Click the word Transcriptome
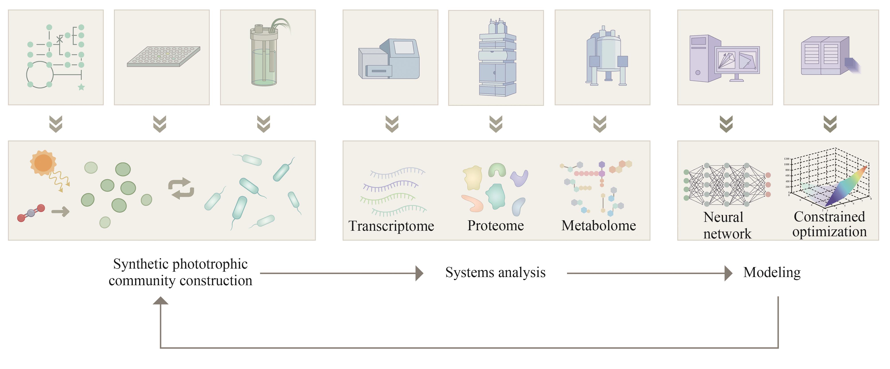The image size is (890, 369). pyautogui.click(x=391, y=226)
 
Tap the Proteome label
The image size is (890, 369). pyautogui.click(x=496, y=226)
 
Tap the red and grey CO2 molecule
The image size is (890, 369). pyautogui.click(x=31, y=213)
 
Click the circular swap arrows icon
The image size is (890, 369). pyautogui.click(x=181, y=188)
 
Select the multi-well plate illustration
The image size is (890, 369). pyautogui.click(x=163, y=56)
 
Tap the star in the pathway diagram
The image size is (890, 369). pyautogui.click(x=81, y=87)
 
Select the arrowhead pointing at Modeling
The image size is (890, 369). pyautogui.click(x=728, y=273)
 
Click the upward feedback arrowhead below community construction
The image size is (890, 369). pyautogui.click(x=161, y=301)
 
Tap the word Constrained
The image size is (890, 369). pyautogui.click(x=829, y=217)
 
